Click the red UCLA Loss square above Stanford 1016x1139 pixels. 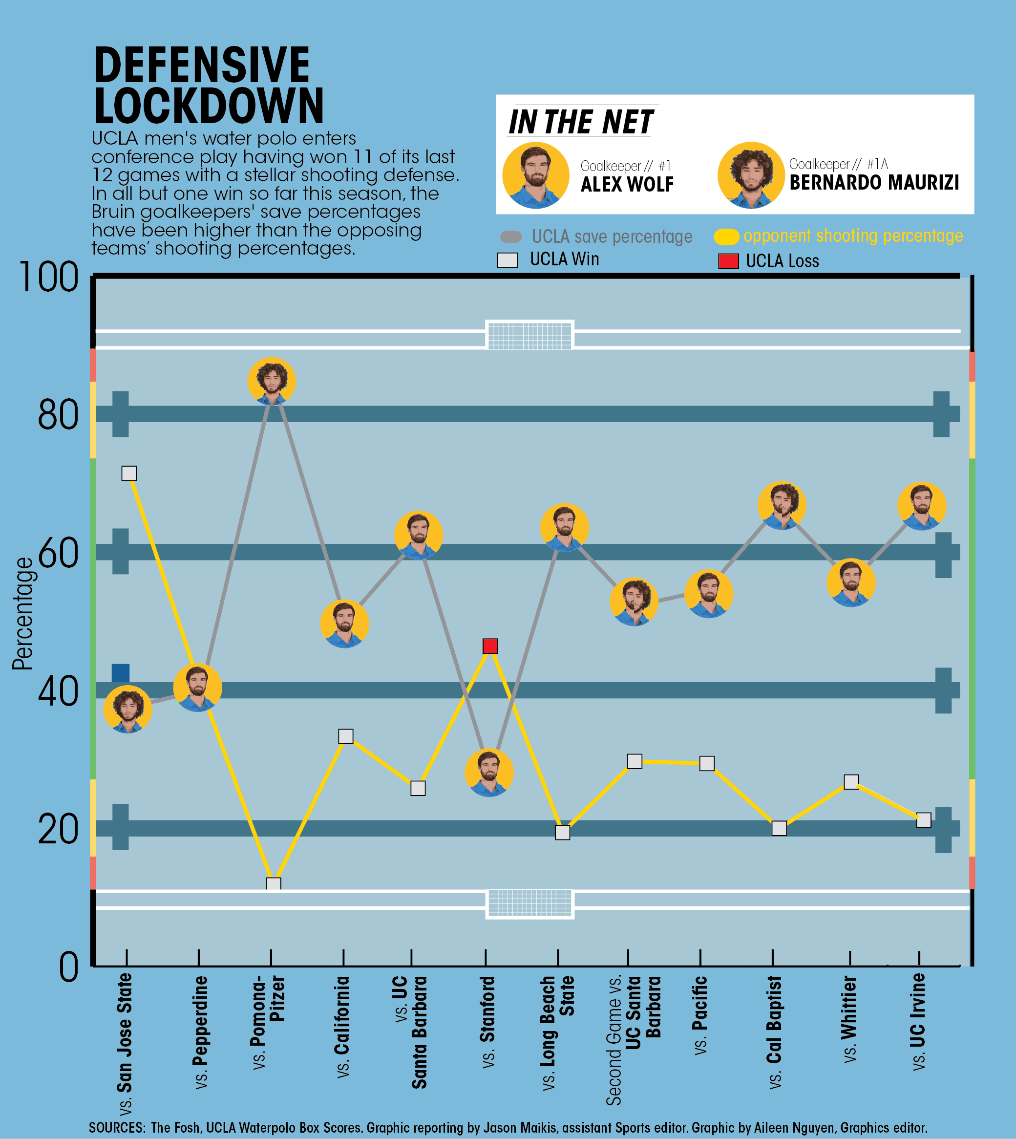click(489, 646)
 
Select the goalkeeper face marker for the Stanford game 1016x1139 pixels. click(489, 772)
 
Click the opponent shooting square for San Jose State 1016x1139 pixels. click(129, 473)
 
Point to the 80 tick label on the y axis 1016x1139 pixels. click(58, 415)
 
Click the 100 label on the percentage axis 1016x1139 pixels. click(49, 278)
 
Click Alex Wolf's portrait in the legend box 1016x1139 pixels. click(535, 175)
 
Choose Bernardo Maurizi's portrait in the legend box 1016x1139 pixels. click(751, 175)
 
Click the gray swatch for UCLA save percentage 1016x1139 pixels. click(511, 236)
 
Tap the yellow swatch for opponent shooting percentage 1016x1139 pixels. click(726, 236)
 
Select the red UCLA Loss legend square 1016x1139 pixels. click(728, 261)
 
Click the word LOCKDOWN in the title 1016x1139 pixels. click(209, 106)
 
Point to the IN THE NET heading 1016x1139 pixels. click(581, 122)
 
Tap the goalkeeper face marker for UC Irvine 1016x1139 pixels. click(921, 506)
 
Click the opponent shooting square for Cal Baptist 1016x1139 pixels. click(779, 828)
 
